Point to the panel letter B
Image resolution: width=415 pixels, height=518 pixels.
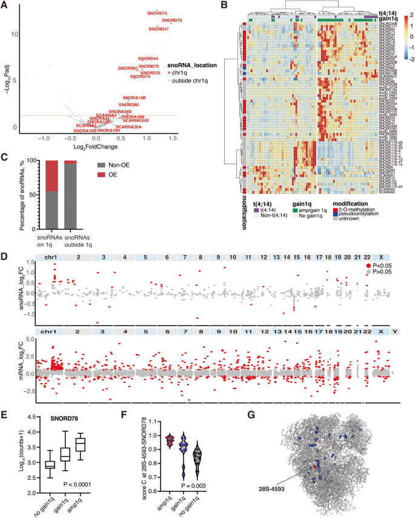224,5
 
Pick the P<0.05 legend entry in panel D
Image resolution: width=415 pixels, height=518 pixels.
383,248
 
